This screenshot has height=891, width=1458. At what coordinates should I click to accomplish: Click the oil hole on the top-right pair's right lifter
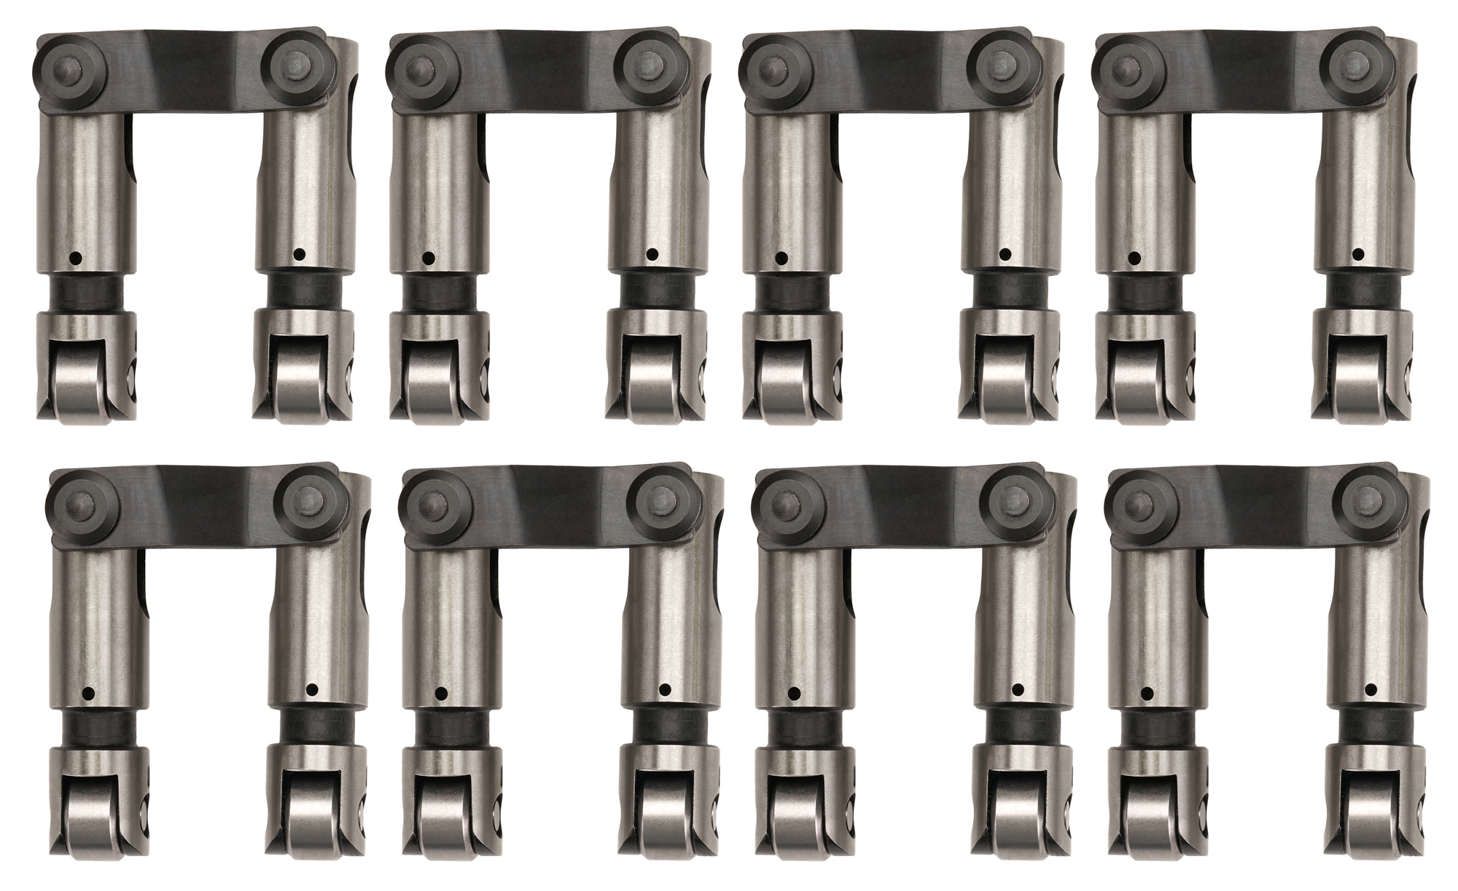[1357, 255]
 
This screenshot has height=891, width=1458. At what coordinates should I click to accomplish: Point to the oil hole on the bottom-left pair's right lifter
[311, 689]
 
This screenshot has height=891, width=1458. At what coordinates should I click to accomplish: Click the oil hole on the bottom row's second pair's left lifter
[440, 692]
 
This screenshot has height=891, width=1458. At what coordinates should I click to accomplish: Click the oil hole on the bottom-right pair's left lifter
[1147, 692]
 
